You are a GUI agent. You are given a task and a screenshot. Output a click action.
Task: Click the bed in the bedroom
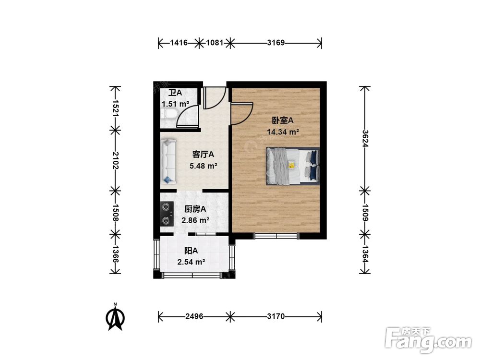coord(292,166)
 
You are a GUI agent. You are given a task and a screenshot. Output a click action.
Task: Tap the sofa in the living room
coord(168,161)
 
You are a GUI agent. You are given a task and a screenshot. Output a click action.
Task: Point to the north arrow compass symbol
coord(115,317)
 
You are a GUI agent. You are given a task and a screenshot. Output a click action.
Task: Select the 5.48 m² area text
coord(204,166)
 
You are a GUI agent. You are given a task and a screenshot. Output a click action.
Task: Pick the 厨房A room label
coord(195,209)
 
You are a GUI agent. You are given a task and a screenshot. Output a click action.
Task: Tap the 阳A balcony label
coord(191,251)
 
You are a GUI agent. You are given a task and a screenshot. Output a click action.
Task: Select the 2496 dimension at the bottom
coord(195,316)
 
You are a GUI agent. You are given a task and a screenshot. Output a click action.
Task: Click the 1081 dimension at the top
coord(215,43)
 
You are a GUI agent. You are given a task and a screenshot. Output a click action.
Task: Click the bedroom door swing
coord(241,114)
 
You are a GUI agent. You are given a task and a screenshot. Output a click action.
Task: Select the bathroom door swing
coord(189,118)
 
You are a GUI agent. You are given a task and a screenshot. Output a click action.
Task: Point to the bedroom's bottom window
coord(276,235)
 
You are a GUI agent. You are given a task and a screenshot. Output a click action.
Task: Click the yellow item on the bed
coord(291,165)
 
